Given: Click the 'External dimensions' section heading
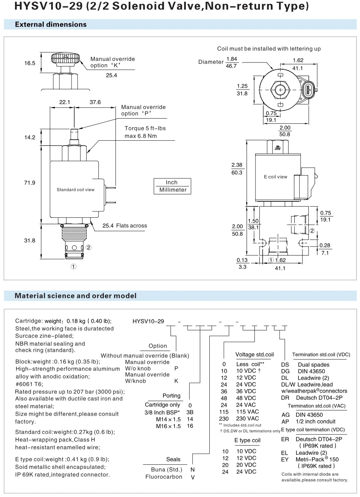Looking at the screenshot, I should point(51,25).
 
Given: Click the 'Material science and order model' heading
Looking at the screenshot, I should point(75,296).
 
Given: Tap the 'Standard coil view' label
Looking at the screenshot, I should point(76,190).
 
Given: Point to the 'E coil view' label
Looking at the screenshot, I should point(275,177).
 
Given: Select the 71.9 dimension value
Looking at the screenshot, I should point(29,183).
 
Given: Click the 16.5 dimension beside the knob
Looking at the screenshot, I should point(29,63).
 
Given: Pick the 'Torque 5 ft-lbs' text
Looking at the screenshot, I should point(145,128).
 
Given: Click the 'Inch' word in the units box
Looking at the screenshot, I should point(172,182).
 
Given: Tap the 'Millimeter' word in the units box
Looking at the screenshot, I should point(173,190).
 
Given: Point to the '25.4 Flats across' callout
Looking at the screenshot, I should point(124,226).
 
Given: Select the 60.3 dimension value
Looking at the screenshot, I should point(237,173).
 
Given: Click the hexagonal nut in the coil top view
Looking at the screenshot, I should point(280,90).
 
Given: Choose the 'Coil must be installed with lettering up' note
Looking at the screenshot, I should point(269,49).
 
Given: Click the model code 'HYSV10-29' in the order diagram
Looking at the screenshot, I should point(148,321).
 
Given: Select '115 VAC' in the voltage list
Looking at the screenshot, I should point(247,412).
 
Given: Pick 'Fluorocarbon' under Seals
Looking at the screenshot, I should point(163,477).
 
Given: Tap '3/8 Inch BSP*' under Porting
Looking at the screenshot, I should point(162,412).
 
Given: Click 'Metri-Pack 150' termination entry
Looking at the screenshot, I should point(317,459).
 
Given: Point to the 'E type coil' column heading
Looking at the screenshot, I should point(247,440).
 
